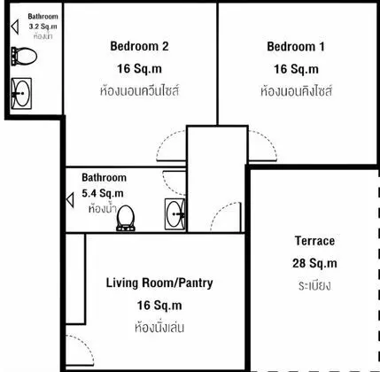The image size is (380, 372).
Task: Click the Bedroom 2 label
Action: tap(139, 46)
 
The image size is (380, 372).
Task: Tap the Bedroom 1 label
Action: tap(296, 47)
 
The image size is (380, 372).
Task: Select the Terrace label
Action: tap(314, 241)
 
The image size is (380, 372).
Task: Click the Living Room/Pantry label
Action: tap(159, 283)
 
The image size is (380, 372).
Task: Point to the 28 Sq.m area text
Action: tap(314, 263)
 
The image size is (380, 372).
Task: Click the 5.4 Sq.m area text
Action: tap(103, 193)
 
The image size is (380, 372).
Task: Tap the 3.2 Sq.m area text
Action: tap(43, 27)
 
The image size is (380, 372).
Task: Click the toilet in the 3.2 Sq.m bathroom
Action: tap(24, 56)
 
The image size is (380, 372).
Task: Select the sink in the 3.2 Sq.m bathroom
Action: tap(21, 93)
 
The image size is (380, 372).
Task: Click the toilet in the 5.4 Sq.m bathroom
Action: tap(126, 218)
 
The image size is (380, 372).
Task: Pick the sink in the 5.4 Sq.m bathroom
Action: tap(175, 214)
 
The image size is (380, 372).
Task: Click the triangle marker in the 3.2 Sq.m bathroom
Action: tap(15, 27)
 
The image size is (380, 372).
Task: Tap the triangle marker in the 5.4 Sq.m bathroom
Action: tap(70, 200)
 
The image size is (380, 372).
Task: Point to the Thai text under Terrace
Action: tap(314, 286)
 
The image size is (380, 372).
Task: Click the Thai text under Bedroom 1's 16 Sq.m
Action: tap(296, 90)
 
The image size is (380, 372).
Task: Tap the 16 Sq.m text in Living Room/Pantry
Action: tap(159, 306)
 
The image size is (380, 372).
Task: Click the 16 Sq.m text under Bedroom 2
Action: tap(139, 69)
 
